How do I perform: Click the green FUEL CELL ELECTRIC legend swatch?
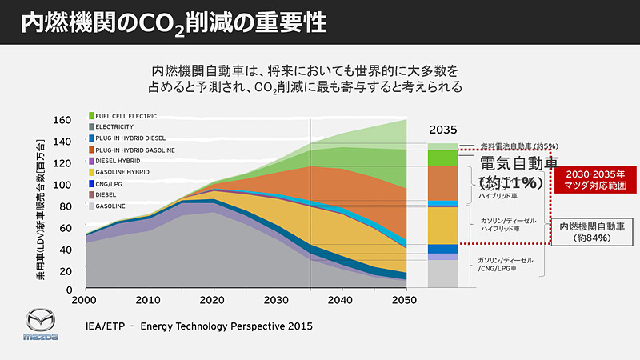pos(92,115)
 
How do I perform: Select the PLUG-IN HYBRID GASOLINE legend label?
pos(135,150)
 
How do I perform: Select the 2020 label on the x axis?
pos(211,300)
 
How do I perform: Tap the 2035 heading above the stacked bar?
pos(442,130)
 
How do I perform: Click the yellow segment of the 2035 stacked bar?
pos(442,225)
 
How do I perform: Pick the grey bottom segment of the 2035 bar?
pos(442,273)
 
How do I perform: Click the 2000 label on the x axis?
pos(86,300)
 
